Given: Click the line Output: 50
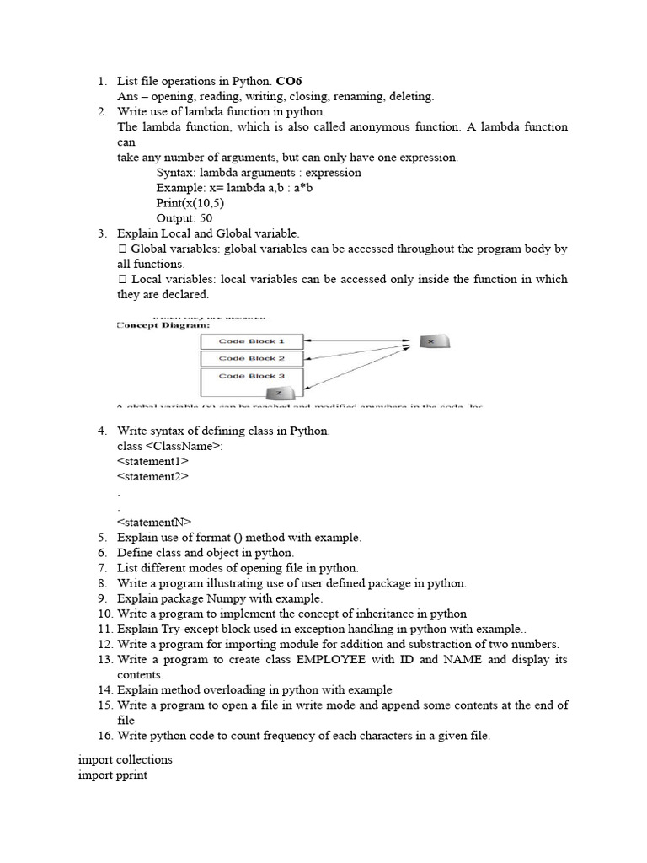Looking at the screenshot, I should click(x=184, y=217).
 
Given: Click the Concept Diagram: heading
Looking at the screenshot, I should click(x=163, y=324).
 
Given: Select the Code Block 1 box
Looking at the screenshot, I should click(x=251, y=341).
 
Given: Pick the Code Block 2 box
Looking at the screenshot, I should click(x=251, y=358).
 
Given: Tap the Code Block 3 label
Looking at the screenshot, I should click(x=251, y=376).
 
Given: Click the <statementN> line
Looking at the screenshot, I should click(x=154, y=522).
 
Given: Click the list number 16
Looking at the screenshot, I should click(x=104, y=736).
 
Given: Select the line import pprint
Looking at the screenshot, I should click(x=112, y=775).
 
